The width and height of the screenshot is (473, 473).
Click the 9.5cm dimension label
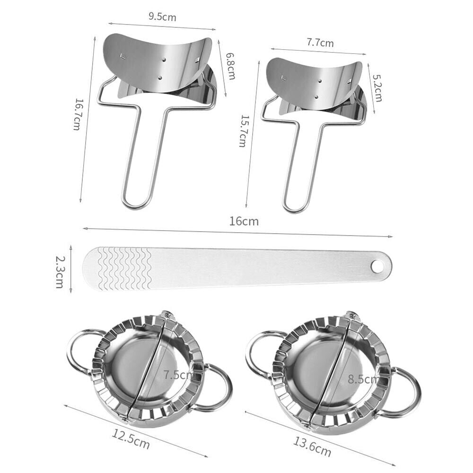coord(162,17)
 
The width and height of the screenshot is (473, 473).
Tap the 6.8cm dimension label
coord(230,66)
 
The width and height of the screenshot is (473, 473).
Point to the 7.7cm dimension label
coord(320,43)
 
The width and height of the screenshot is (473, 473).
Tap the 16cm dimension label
coord(245,221)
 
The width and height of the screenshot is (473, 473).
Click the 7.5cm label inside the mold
coord(178,375)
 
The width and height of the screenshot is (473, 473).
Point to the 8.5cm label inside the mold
coord(363,378)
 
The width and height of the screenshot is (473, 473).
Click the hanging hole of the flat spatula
coord(377,267)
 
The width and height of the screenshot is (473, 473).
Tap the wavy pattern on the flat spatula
coord(124,268)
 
